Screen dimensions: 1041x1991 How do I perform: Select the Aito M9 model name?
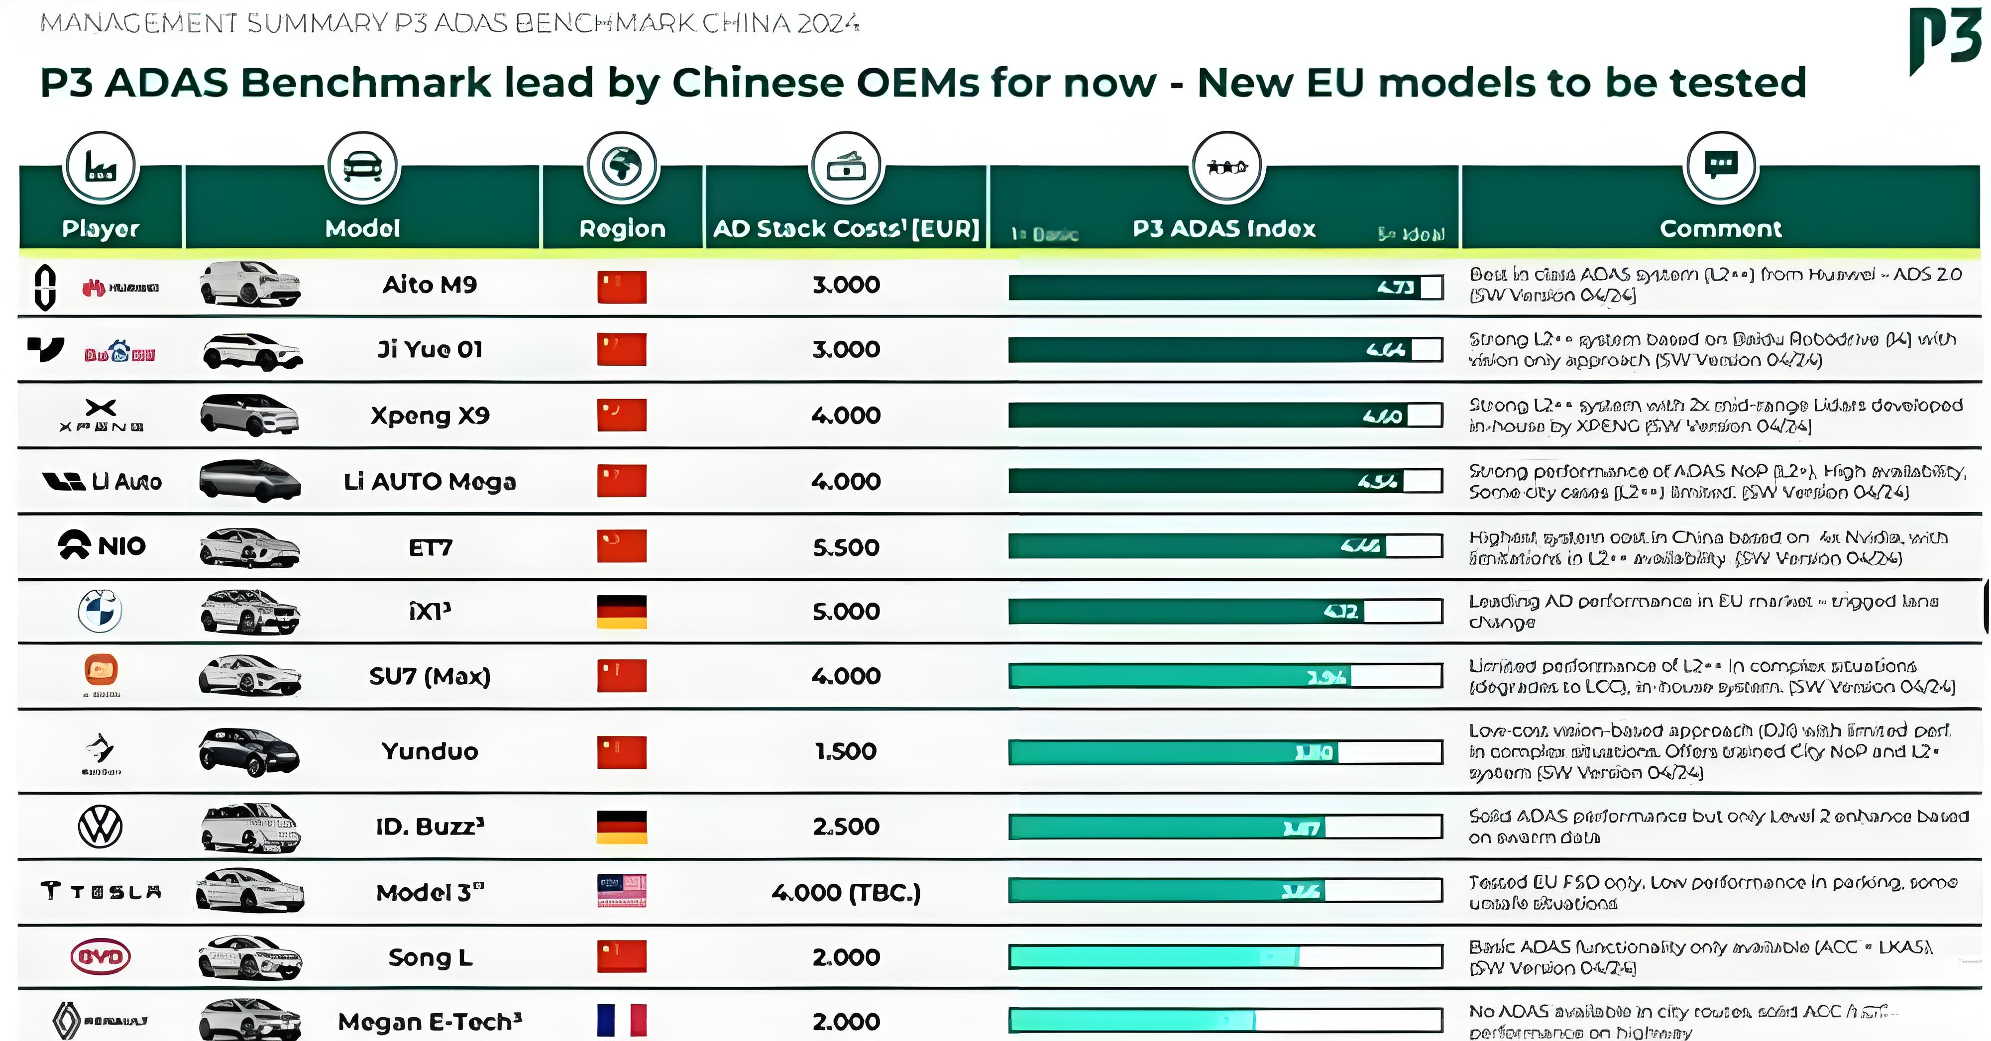[x=430, y=285]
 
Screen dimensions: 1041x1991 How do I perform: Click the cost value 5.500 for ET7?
[x=846, y=547]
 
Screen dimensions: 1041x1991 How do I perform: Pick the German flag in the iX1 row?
[x=621, y=611]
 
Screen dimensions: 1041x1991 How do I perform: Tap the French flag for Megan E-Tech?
[x=621, y=1020]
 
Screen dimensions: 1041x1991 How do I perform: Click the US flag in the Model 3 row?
[x=621, y=891]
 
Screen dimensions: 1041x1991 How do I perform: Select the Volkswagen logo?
[x=101, y=826]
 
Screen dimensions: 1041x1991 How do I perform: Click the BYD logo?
[x=101, y=957]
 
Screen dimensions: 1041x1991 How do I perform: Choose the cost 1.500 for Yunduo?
[x=846, y=751]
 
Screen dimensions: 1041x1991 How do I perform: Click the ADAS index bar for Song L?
[x=1225, y=957]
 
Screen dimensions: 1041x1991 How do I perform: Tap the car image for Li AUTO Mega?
[x=249, y=481]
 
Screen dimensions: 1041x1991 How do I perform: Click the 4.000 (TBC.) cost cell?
[x=846, y=893]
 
